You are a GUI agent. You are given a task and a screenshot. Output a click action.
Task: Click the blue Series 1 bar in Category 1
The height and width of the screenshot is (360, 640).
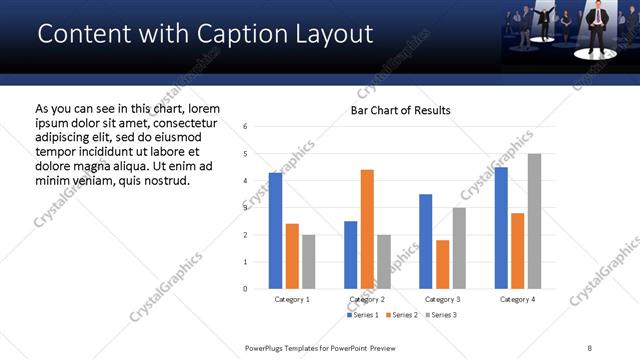275,231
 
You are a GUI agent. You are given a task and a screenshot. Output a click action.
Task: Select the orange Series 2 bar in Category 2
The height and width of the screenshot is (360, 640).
367,229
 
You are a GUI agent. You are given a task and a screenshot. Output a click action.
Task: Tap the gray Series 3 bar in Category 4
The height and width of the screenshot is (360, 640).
534,221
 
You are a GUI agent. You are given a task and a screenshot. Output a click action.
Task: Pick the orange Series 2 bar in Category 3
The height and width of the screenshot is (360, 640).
442,264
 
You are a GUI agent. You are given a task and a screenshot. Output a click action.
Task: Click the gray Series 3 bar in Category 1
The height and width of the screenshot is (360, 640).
308,262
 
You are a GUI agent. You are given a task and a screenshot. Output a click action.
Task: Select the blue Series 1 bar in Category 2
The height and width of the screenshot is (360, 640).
350,255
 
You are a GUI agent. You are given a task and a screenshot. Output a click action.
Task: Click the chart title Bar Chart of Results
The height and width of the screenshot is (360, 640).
400,110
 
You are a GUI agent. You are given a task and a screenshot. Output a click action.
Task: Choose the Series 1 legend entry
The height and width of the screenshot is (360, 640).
362,315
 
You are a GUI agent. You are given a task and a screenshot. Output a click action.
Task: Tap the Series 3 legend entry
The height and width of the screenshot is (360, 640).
441,315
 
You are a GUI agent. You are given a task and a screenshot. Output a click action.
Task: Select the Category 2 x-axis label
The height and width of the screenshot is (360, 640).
367,299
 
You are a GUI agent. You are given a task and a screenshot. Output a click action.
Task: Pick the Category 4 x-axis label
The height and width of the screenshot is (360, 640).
517,299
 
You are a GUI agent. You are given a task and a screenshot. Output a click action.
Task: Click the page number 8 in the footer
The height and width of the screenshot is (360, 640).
590,346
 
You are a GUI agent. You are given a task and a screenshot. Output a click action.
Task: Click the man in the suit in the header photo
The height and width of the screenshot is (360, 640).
598,27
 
